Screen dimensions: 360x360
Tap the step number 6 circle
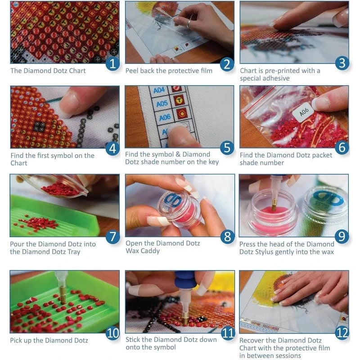tap(342, 147)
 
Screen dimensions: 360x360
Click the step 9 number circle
tap(342, 236)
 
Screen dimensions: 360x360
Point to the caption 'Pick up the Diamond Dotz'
tap(49, 340)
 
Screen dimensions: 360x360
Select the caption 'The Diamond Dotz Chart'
tap(48, 70)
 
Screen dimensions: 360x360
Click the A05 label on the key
tap(162, 103)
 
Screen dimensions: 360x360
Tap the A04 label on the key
tap(159, 90)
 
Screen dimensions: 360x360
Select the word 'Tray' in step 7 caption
tap(73, 252)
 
